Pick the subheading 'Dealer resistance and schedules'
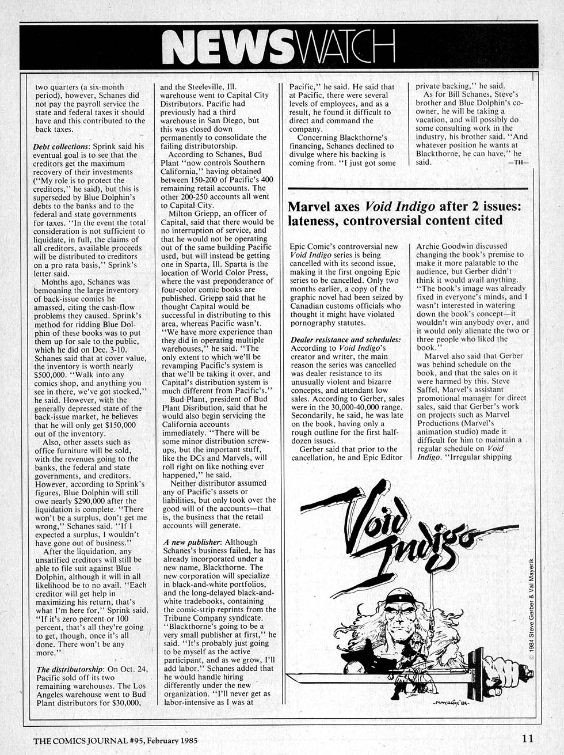(346, 340)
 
